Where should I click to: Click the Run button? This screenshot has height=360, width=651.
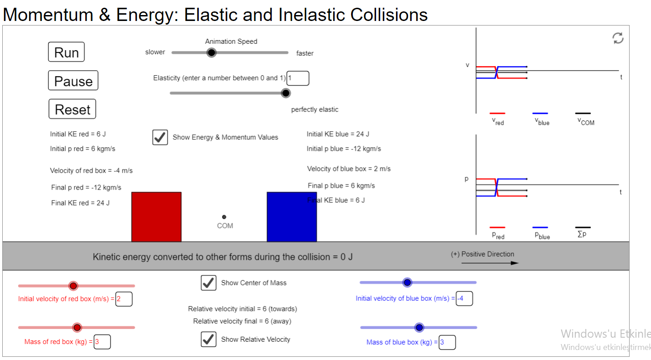tap(66, 52)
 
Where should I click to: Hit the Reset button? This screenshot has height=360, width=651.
tap(72, 109)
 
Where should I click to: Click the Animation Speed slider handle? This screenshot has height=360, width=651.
tap(211, 53)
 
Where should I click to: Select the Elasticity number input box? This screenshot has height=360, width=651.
tap(298, 78)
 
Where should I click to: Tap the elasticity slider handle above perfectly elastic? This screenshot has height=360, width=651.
tap(286, 93)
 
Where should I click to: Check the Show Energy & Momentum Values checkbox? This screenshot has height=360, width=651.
tap(160, 137)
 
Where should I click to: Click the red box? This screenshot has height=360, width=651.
tap(156, 217)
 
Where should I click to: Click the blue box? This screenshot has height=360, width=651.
tap(292, 217)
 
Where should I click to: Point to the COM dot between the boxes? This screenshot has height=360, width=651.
tap(224, 217)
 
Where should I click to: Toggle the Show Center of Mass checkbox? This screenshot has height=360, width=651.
tap(209, 283)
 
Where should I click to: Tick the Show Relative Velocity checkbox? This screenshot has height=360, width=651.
tap(209, 339)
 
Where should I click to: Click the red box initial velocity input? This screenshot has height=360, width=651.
tap(124, 299)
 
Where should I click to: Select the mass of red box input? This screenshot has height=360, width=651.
tap(102, 342)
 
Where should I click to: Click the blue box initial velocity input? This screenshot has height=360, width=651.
tap(464, 299)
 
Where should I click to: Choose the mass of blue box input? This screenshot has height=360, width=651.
tap(447, 342)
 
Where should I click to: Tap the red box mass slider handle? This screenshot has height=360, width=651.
tap(77, 328)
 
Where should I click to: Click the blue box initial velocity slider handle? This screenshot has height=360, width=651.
tap(408, 283)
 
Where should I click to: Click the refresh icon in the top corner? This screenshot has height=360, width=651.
tap(618, 38)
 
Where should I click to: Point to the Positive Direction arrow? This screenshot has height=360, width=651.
tap(490, 263)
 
